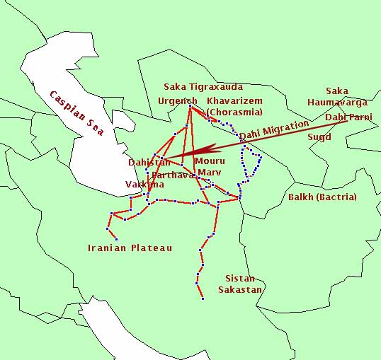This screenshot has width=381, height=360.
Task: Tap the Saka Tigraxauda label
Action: pos(203,87)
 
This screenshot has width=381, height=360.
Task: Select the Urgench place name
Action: pos(178,100)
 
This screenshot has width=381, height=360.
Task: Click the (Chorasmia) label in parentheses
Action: pos(234,112)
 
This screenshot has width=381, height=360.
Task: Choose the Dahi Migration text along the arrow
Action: pos(274,129)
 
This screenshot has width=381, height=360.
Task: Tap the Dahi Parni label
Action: pos(348,116)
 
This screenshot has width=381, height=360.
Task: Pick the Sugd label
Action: pos(319,137)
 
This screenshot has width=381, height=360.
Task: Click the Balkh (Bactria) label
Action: pos(322,197)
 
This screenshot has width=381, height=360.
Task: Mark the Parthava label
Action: pos(173,175)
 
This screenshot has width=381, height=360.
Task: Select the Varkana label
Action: pos(144,185)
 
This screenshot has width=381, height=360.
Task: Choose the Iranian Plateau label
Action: pos(130,248)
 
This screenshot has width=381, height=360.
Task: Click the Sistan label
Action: pos(239,278)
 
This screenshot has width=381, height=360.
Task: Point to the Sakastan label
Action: pos(240,290)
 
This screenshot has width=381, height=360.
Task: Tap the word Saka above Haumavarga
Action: pos(337,91)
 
